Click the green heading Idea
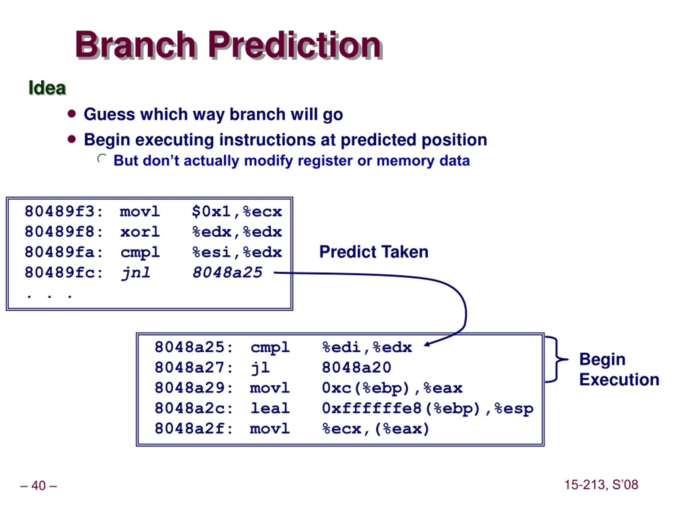(x=47, y=88)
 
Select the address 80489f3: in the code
(x=64, y=211)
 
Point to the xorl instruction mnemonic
(x=140, y=232)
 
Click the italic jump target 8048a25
(x=228, y=273)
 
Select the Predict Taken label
(x=374, y=252)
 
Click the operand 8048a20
(x=356, y=367)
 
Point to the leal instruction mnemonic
(x=270, y=408)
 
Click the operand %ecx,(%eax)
(x=376, y=429)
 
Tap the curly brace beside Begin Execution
(x=557, y=359)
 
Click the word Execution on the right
(x=619, y=380)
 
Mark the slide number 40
(x=39, y=485)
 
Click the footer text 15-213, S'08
(x=601, y=485)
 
